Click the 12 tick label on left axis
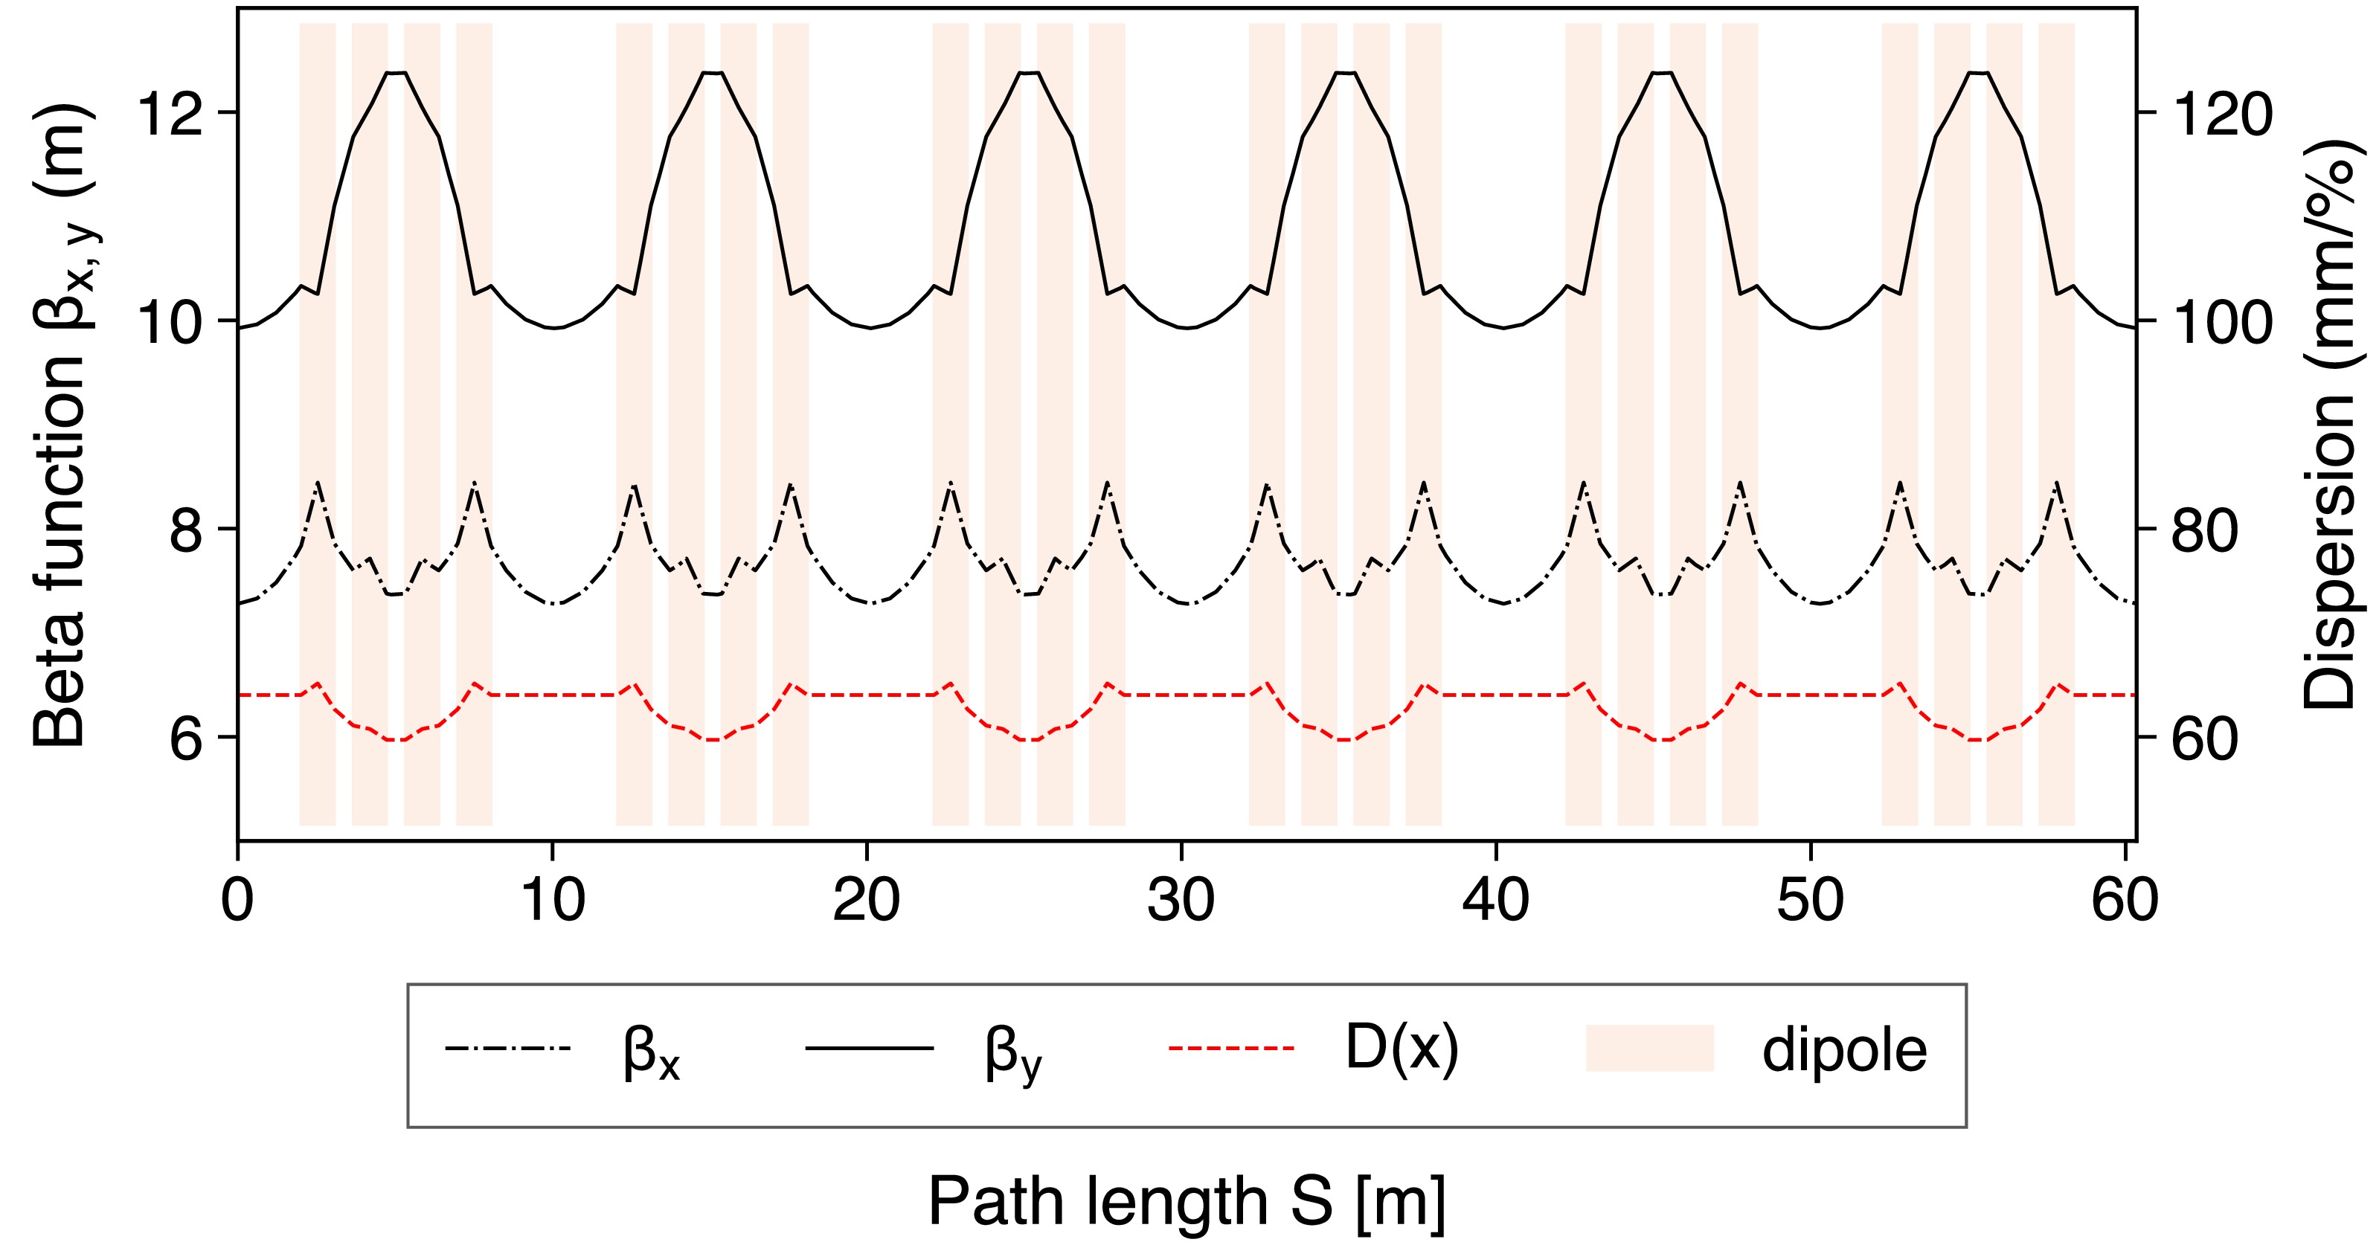(x=169, y=114)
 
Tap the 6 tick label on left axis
(x=187, y=738)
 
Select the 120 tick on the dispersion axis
(x=2147, y=113)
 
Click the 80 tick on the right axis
(x=2147, y=530)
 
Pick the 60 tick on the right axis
(x=2147, y=737)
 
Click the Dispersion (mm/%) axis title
(x=2331, y=425)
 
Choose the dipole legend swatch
(x=1649, y=1048)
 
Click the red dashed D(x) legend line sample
(x=1231, y=1048)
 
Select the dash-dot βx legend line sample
(x=508, y=1048)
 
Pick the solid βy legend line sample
(x=869, y=1048)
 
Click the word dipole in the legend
(x=1844, y=1050)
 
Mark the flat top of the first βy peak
(x=397, y=72)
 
